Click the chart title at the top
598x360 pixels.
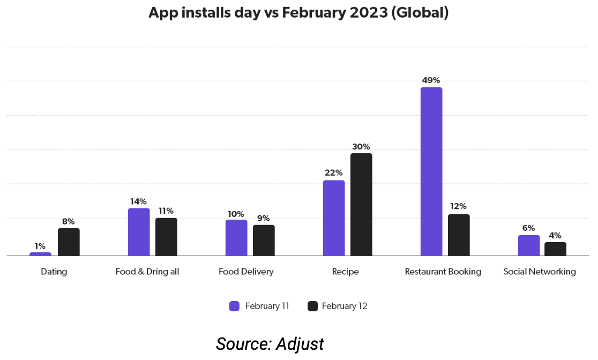tap(298, 13)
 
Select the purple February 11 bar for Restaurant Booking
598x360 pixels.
tap(431, 171)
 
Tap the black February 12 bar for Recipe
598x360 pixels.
tap(361, 205)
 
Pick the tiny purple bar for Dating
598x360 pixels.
tap(41, 254)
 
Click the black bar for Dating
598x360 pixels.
tap(69, 242)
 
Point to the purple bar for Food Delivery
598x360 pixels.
tap(236, 238)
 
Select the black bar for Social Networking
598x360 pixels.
tap(555, 249)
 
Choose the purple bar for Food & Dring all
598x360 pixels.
tap(139, 232)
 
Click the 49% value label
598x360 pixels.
tap(431, 80)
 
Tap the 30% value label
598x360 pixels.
tap(361, 147)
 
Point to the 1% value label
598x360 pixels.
tap(40, 246)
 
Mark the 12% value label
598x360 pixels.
tap(458, 206)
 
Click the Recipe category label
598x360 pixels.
tap(345, 272)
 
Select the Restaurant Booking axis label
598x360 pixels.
tap(443, 272)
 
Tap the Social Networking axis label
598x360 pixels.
tap(540, 272)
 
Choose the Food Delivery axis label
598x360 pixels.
tap(246, 272)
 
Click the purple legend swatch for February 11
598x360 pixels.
tap(234, 306)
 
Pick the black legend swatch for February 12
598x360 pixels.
tap(312, 306)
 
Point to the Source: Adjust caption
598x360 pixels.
tap(270, 343)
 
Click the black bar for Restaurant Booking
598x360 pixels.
tap(459, 235)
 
